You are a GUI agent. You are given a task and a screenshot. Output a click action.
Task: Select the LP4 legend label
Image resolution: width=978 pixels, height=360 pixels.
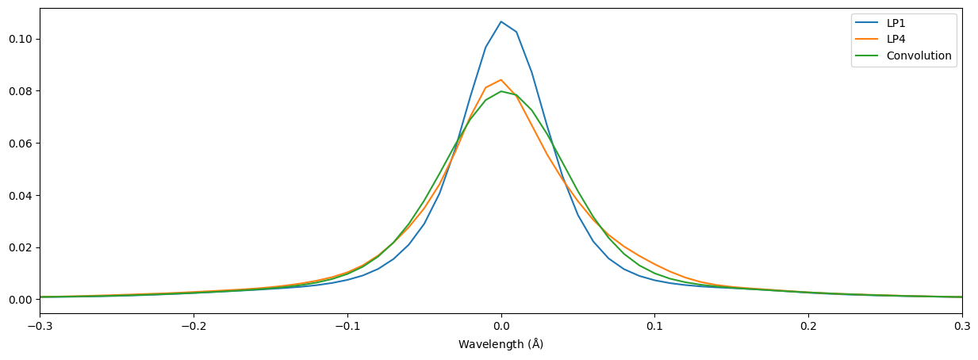pyautogui.click(x=896, y=40)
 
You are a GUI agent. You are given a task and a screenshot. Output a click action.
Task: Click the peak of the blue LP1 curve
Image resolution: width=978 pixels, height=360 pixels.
pyautogui.click(x=501, y=21)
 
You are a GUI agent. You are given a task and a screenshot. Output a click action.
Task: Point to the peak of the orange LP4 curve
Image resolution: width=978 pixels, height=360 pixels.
pyautogui.click(x=501, y=79)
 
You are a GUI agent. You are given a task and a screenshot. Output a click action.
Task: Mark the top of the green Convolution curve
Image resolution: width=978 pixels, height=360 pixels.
pyautogui.click(x=501, y=91)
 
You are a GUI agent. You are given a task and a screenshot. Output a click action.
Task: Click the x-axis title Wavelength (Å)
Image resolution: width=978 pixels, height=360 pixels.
pyautogui.click(x=501, y=345)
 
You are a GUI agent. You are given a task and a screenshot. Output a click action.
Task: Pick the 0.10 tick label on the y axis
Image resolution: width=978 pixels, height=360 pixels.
pyautogui.click(x=20, y=39)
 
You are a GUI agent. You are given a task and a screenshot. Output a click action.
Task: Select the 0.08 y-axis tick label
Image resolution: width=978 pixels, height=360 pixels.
pyautogui.click(x=20, y=91)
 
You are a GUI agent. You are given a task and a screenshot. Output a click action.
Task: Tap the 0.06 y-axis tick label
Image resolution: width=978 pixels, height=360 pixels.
pyautogui.click(x=20, y=144)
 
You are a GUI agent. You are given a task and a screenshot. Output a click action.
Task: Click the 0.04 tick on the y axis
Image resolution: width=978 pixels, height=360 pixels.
pyautogui.click(x=20, y=195)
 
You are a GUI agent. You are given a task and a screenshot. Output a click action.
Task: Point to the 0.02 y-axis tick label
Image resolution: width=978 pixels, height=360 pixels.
pyautogui.click(x=20, y=247)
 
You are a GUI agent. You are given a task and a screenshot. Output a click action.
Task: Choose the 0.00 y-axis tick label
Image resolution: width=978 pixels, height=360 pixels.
pyautogui.click(x=20, y=300)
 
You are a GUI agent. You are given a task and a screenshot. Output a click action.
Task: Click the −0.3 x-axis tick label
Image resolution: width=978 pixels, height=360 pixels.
pyautogui.click(x=40, y=326)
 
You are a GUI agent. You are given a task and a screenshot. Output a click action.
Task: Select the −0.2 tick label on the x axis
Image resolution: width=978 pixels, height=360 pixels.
pyautogui.click(x=193, y=326)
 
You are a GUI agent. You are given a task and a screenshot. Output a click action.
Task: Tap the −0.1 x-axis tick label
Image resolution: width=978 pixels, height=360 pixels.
pyautogui.click(x=347, y=326)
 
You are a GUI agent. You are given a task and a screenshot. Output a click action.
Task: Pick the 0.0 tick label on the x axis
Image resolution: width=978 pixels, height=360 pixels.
pyautogui.click(x=501, y=326)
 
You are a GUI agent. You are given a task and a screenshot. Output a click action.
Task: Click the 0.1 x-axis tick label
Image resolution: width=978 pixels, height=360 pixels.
pyautogui.click(x=654, y=326)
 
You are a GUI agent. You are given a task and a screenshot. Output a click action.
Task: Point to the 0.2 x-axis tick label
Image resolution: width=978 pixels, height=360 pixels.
pyautogui.click(x=808, y=326)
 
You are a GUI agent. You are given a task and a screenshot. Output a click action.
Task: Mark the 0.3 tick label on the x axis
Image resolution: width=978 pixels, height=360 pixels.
pyautogui.click(x=961, y=326)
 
